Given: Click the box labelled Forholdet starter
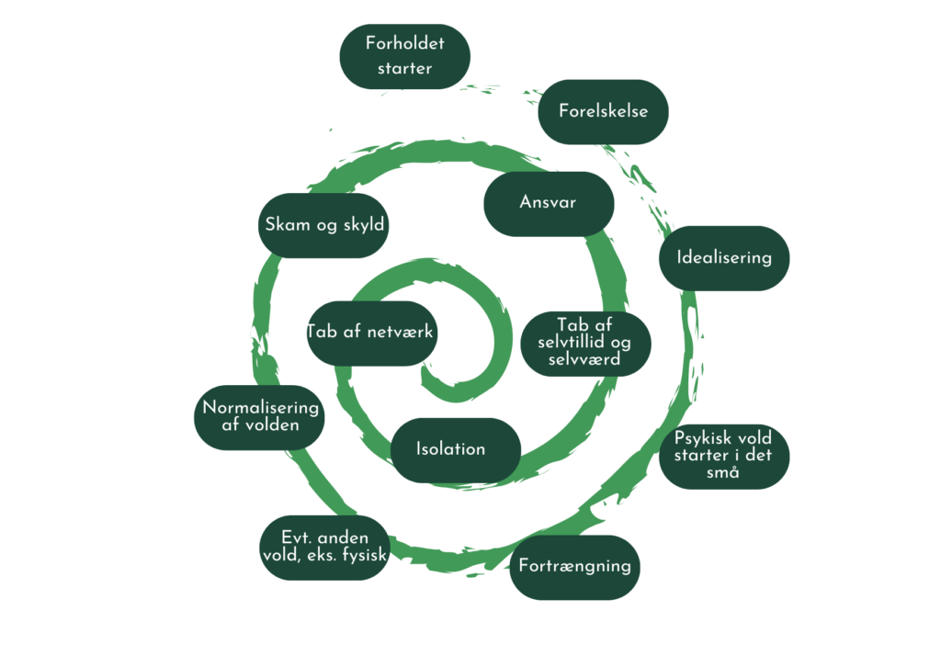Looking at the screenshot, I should click(x=404, y=56).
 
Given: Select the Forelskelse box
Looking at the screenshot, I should click(x=603, y=111).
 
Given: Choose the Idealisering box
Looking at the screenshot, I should click(x=724, y=257).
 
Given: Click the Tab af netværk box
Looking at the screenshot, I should click(x=370, y=333).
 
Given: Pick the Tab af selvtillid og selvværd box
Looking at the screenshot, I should click(x=586, y=343).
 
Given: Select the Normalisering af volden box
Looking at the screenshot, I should click(x=260, y=416).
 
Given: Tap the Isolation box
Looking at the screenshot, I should click(x=450, y=449).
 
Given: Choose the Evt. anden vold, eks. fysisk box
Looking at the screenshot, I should click(x=323, y=547).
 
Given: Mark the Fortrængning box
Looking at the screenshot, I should click(x=574, y=566).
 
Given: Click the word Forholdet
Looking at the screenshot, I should click(x=404, y=43).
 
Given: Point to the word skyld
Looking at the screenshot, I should click(x=364, y=225).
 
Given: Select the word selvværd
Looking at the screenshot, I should click(x=586, y=359).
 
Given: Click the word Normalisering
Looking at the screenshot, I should click(x=260, y=408).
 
